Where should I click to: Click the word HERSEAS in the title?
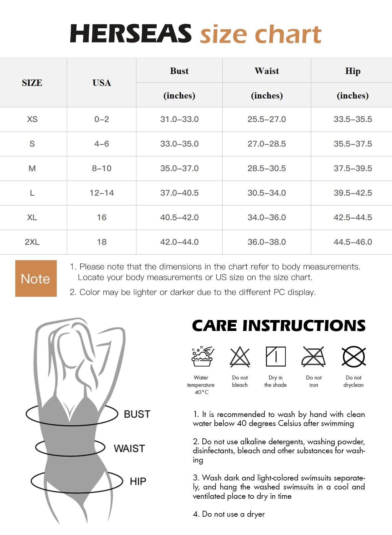pos(130,34)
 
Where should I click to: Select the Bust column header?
pos(179,71)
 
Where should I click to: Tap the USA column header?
pos(102,83)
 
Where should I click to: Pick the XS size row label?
pos(32,119)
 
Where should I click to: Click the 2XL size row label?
pos(32,242)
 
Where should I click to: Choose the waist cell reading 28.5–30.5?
pos(267,168)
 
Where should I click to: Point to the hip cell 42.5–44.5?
pos(353,217)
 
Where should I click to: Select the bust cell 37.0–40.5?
pos(179,193)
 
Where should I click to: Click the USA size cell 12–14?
pos(102,193)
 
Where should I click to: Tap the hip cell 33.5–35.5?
pos(353,119)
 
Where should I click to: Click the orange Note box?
pos(36,278)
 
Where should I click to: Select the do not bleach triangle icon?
pos(240,357)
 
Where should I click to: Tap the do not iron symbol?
pos(314,357)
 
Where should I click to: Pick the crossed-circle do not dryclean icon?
pos(353,357)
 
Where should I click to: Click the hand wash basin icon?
pos(202,356)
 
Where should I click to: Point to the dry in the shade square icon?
pos(275,357)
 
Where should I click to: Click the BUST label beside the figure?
pos(137,414)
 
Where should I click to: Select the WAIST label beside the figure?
pos(129,449)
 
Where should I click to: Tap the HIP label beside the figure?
pos(138,481)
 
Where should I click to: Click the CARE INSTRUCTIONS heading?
pos(279,326)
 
